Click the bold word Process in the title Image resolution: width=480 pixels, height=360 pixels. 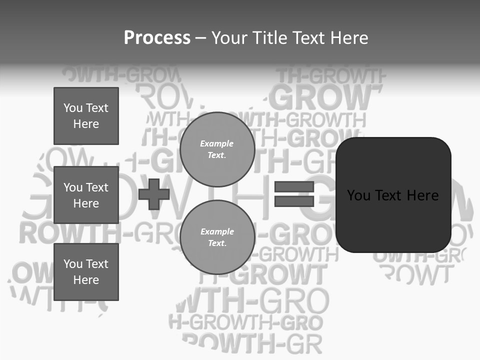point(157,38)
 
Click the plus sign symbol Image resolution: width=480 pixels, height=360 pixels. point(154,194)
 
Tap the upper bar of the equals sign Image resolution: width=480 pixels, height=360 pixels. point(294,186)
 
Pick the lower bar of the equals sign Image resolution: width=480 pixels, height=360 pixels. point(294,201)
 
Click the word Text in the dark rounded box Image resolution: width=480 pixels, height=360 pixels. point(390,195)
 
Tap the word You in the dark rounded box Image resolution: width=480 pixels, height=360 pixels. point(359,195)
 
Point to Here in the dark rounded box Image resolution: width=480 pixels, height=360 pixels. point(422,195)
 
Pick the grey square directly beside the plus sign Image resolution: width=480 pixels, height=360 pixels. point(86,195)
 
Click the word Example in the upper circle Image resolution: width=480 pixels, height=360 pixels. point(217,143)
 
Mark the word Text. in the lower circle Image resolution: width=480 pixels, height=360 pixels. point(217,243)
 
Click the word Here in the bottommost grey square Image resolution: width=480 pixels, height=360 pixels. point(86,280)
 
